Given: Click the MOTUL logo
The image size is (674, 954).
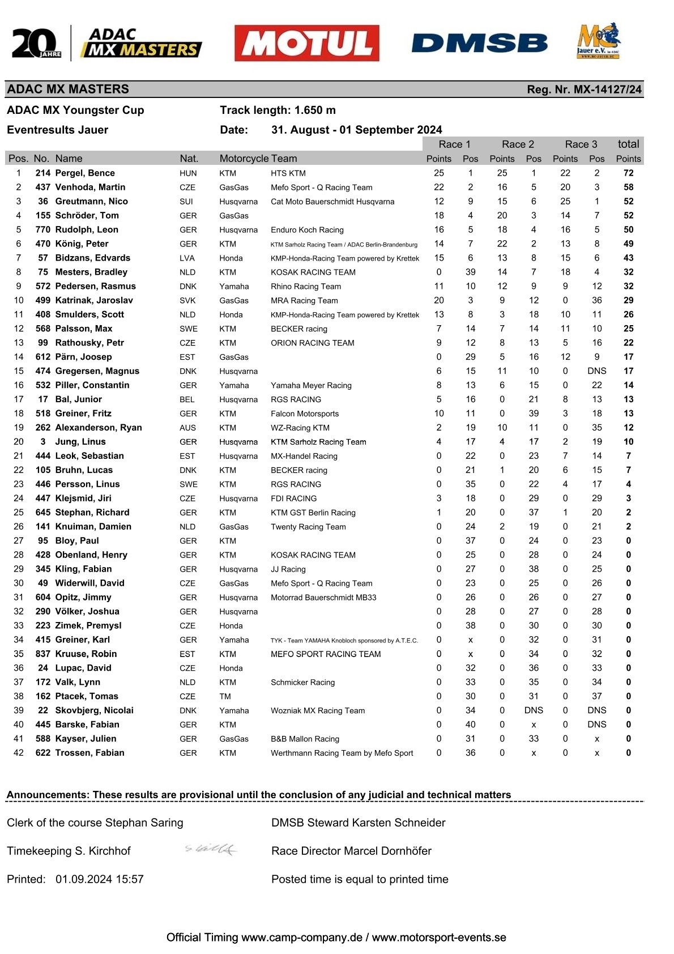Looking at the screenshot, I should click(x=306, y=43).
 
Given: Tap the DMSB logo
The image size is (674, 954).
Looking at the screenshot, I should click(x=479, y=43).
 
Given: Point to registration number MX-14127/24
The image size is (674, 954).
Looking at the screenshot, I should click(x=584, y=90).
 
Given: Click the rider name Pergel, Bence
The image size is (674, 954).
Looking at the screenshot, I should click(x=85, y=173).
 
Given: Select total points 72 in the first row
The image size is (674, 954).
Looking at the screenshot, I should click(x=628, y=173).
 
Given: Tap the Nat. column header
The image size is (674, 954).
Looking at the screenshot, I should click(x=189, y=159).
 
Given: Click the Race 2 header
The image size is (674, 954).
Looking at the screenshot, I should click(x=518, y=144).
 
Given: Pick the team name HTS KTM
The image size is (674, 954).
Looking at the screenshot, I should click(x=288, y=173).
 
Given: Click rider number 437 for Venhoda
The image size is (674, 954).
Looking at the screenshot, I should click(x=42, y=188).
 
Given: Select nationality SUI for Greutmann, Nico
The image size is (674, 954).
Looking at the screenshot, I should click(x=186, y=202).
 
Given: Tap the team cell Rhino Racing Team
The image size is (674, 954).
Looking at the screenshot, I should click(x=306, y=287).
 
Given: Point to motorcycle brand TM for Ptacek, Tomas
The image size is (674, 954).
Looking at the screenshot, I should click(x=225, y=697).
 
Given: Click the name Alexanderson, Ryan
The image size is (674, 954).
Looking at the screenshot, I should click(x=99, y=428).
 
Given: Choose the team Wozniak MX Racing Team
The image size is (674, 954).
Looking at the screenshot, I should click(x=318, y=711).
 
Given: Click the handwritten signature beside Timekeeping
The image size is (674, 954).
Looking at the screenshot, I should click(x=211, y=849).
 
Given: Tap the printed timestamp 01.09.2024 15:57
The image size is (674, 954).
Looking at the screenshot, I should click(x=100, y=879).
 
